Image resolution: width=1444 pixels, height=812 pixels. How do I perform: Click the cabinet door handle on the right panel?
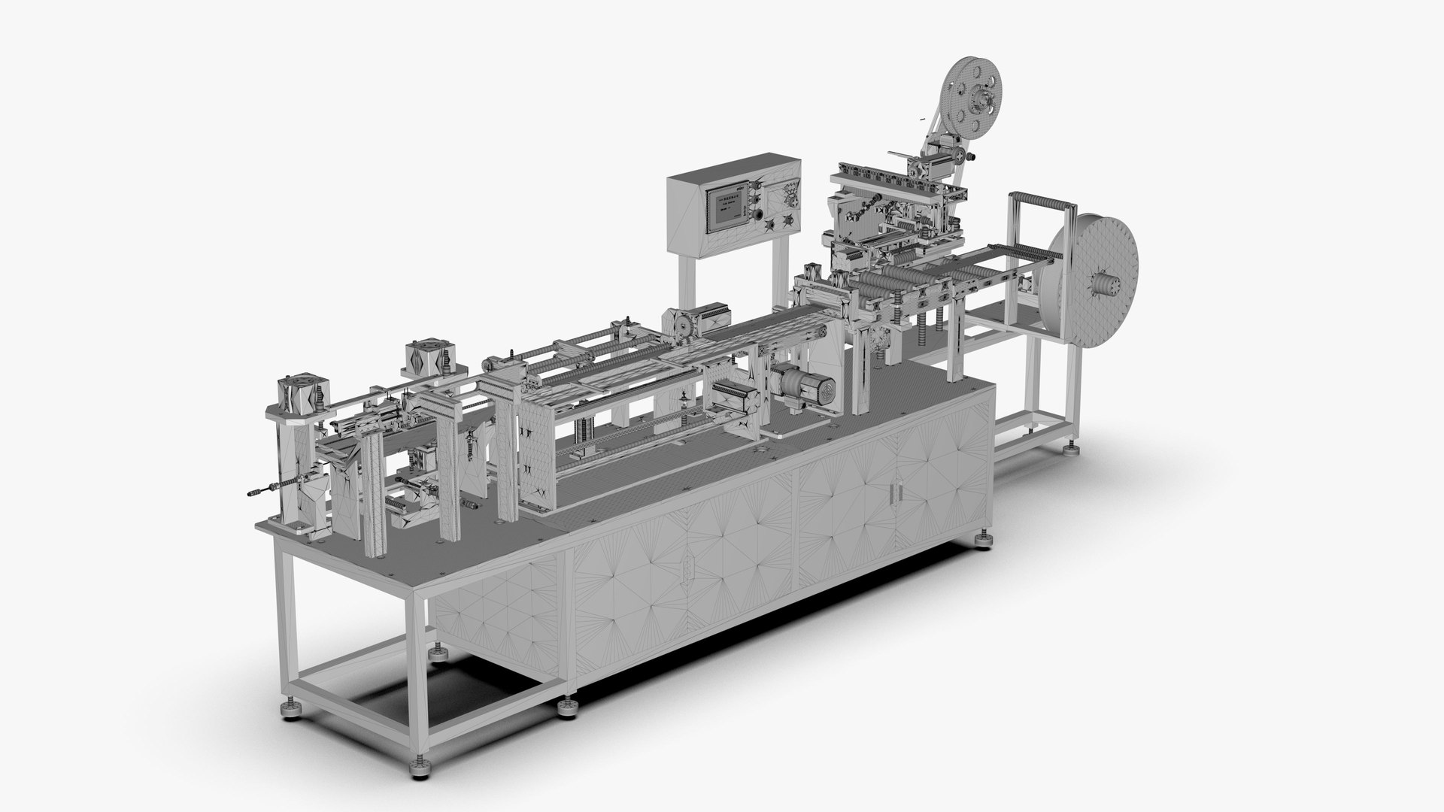click(x=894, y=491)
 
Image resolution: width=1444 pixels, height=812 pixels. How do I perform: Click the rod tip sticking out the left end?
click(x=250, y=494)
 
